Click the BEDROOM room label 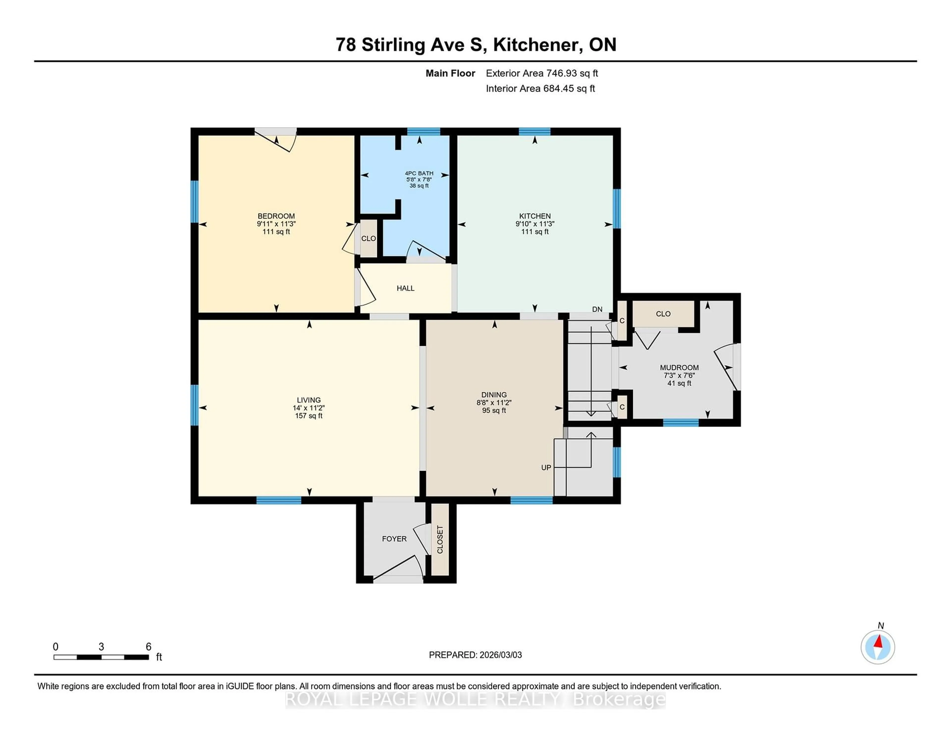[276, 216]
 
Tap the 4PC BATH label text [419, 173]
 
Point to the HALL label [405, 288]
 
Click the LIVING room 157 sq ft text [309, 416]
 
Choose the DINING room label [494, 395]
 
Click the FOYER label [394, 539]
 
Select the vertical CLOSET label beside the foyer [440, 539]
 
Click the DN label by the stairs [597, 309]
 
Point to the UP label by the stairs [546, 467]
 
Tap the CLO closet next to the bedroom [368, 238]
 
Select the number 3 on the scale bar [101, 647]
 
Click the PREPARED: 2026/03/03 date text [475, 655]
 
